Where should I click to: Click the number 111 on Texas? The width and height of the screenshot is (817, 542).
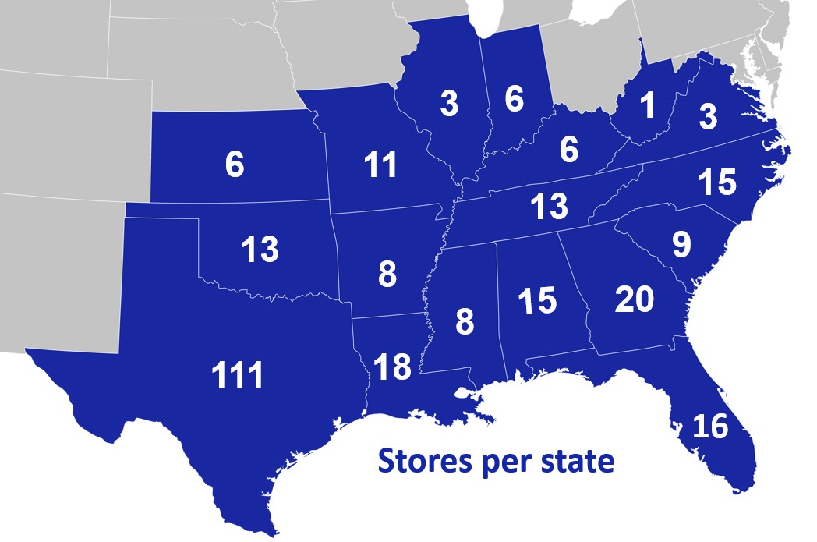click(x=238, y=377)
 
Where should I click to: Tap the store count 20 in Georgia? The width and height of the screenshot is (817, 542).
click(x=634, y=299)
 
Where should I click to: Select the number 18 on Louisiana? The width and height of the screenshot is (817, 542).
click(x=392, y=367)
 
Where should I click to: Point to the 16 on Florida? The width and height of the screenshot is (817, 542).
click(x=709, y=427)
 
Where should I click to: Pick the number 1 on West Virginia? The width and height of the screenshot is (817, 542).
click(x=645, y=108)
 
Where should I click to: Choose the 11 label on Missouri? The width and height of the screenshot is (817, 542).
click(x=381, y=165)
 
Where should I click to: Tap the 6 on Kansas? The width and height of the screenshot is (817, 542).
click(x=235, y=165)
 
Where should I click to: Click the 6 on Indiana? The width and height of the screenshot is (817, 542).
click(x=514, y=99)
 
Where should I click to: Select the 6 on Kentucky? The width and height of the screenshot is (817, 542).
click(x=569, y=150)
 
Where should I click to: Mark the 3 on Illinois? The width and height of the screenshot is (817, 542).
click(x=449, y=104)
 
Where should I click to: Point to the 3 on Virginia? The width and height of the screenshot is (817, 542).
click(x=707, y=116)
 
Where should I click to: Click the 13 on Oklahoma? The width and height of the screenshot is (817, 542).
click(x=260, y=250)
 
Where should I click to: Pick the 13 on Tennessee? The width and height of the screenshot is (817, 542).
click(x=549, y=207)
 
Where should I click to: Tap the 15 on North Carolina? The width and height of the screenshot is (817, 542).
click(x=716, y=182)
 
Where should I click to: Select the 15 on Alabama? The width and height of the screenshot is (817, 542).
click(x=536, y=301)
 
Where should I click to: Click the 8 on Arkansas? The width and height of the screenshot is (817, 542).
click(x=387, y=275)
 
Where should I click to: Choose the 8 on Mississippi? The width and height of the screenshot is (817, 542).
click(x=465, y=321)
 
